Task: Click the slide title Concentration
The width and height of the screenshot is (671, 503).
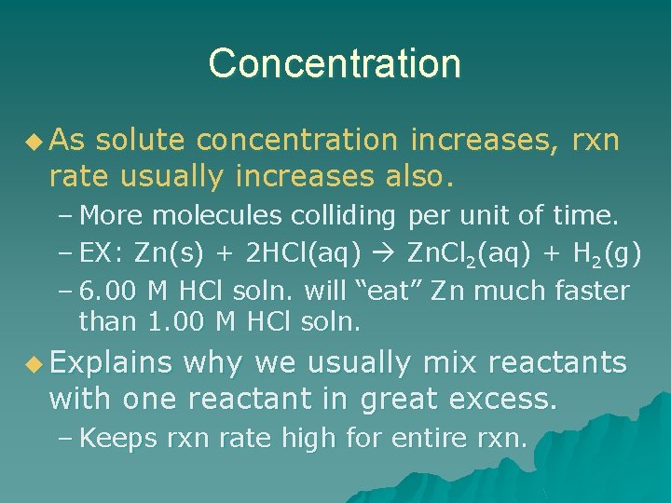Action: click(x=335, y=63)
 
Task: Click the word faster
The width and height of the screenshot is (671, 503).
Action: click(x=590, y=291)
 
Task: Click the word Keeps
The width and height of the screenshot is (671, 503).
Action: click(x=118, y=439)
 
